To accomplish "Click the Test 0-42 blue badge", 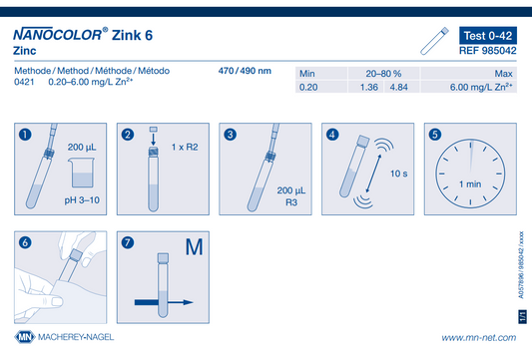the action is point(488,35).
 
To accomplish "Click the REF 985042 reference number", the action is point(488,51).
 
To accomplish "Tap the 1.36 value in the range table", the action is point(368,87).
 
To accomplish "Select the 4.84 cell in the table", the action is point(398,87).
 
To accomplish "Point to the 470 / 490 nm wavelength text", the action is point(245,71).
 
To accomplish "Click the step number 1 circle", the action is point(25,135).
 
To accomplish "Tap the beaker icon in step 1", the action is point(82,173).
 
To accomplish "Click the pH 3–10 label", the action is point(82,200).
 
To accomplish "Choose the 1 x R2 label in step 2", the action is point(185,148).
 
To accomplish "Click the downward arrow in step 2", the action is point(154,139).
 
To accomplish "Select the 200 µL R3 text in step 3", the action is point(291,196).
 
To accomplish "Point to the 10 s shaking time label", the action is point(398,174).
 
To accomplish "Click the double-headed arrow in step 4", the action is point(373,174).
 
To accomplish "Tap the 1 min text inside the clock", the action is point(470,184).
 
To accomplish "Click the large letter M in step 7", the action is point(194,246).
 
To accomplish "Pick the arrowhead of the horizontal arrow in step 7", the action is point(188,302).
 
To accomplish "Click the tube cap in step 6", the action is point(75,255).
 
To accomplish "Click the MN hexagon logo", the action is point(25,337).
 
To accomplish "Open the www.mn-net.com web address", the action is point(479,338).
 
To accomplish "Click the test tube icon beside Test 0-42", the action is point(434,41).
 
